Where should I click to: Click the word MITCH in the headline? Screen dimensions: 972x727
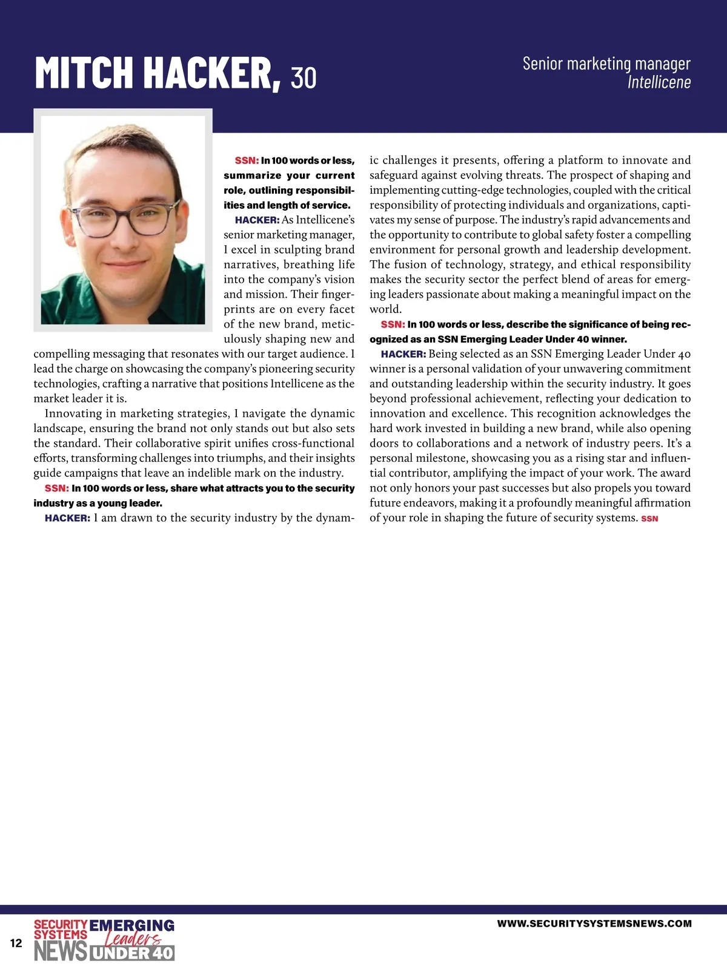(85, 73)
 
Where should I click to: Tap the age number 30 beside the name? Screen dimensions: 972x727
(304, 77)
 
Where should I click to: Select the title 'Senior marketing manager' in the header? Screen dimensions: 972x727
(606, 64)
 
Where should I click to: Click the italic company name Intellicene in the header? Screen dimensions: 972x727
(659, 82)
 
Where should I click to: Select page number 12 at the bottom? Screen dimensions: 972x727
(16, 943)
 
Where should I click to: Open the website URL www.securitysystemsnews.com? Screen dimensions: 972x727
(594, 924)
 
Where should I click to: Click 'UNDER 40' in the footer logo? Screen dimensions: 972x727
(132, 953)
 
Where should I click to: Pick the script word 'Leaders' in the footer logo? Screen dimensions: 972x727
(132, 939)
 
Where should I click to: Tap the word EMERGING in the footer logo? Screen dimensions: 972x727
(132, 925)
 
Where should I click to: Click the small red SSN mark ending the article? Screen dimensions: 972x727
(649, 519)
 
